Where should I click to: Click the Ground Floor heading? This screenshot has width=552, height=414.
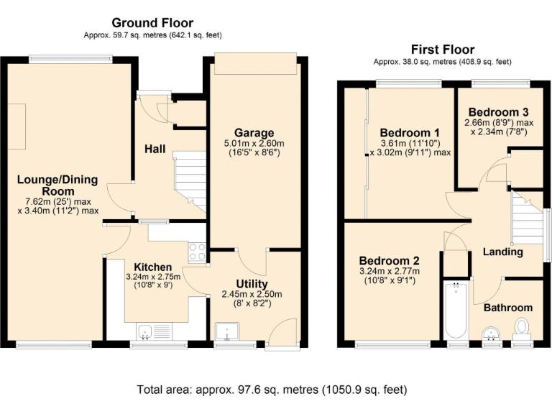pos(152,23)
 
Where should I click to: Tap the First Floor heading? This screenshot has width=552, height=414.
pos(442,50)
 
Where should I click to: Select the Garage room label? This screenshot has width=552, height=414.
pos(254,133)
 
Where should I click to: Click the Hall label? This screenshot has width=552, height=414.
pos(155,149)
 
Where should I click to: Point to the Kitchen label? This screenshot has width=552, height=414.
pos(148,267)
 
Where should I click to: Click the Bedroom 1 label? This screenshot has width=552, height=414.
pos(410,133)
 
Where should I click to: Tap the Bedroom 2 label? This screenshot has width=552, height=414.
pos(390,261)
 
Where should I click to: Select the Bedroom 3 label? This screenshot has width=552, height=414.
pos(498,112)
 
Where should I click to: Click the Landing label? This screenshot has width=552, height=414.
pos(502,252)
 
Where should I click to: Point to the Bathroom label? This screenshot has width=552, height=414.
pos(507,308)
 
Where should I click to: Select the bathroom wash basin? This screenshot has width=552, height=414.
pos(492,333)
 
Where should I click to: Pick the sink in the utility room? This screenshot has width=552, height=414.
pos(231,333)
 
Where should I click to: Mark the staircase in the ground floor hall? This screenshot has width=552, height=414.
pos(190,180)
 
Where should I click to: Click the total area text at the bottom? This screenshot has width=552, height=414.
pos(272,390)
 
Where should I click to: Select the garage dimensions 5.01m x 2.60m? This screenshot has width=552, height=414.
pos(254,144)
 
